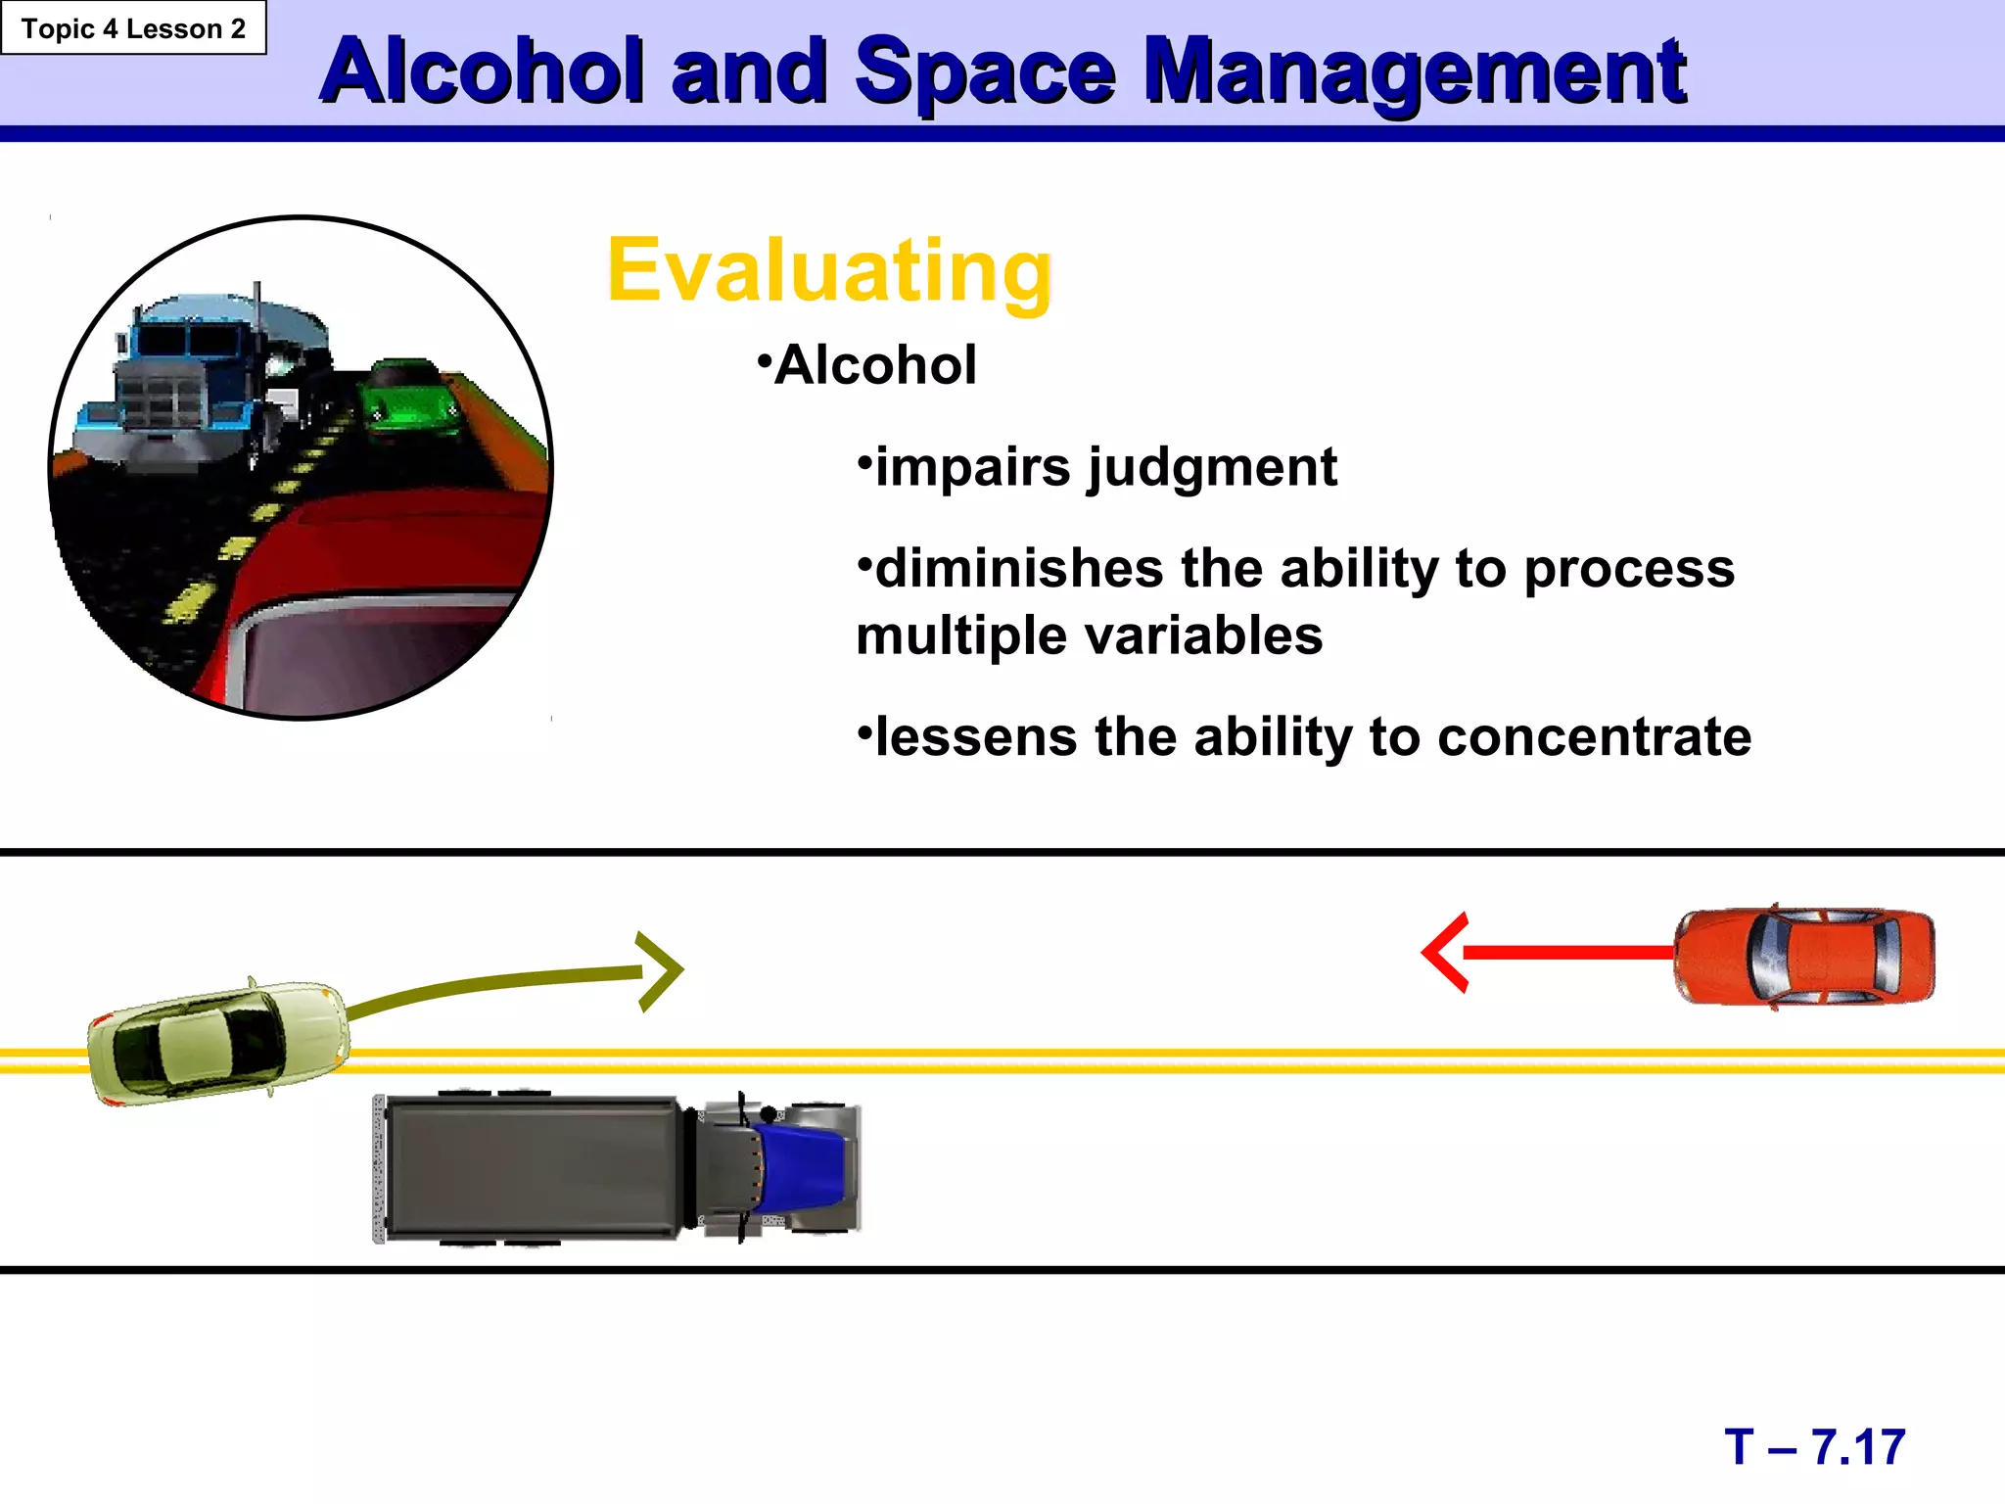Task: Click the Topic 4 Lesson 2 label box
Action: (133, 28)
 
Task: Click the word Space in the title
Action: (984, 73)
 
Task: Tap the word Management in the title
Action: (1415, 73)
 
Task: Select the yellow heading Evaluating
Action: (829, 270)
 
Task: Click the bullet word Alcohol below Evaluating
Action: (874, 365)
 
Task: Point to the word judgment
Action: (1212, 468)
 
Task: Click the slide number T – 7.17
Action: (1814, 1447)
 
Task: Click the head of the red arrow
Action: (1443, 952)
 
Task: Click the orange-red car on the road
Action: (1804, 956)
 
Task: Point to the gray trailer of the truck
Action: (534, 1167)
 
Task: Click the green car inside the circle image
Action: (409, 399)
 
